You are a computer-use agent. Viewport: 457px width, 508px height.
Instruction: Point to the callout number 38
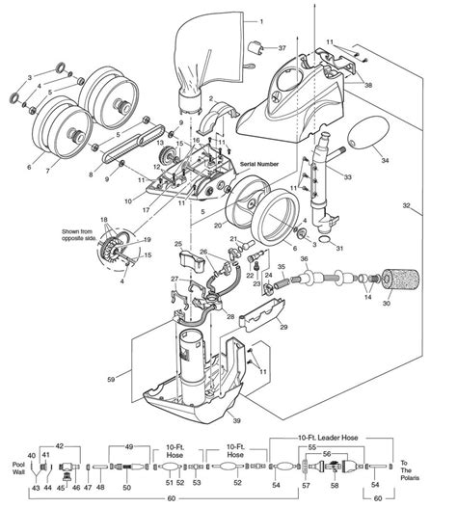click(367, 85)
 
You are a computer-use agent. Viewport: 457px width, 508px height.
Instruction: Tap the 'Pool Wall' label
click(20, 468)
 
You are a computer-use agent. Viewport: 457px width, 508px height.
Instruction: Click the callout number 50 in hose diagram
click(126, 488)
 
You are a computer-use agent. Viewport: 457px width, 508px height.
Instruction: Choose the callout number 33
click(347, 176)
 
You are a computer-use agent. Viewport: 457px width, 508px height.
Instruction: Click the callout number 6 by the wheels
click(29, 168)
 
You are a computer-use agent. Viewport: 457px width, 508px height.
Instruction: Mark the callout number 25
click(179, 247)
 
